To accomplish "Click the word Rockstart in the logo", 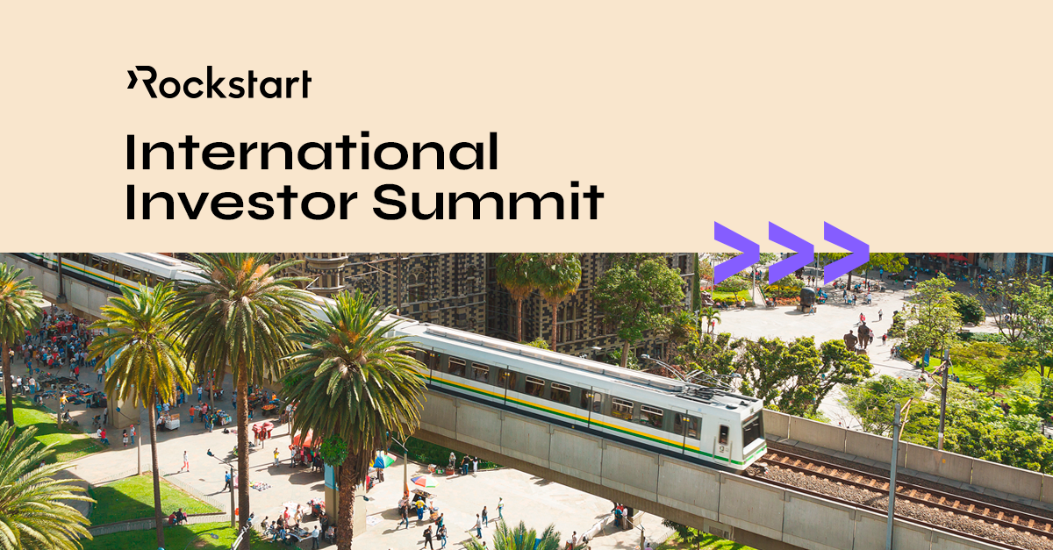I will [x=226, y=84].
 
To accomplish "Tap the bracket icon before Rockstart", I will [x=132, y=80].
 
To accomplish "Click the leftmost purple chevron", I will [x=735, y=253].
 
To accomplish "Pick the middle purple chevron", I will [x=791, y=253].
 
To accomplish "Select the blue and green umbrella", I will [x=383, y=461].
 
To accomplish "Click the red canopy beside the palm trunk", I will [x=304, y=438].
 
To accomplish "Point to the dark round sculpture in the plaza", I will [x=807, y=298].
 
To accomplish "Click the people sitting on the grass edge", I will [x=176, y=517].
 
